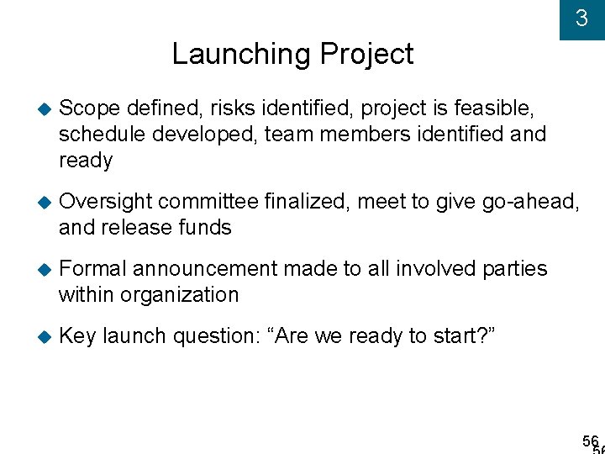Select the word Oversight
click(x=105, y=202)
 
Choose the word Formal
click(x=92, y=269)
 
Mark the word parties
click(x=514, y=269)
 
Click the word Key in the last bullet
click(x=77, y=336)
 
